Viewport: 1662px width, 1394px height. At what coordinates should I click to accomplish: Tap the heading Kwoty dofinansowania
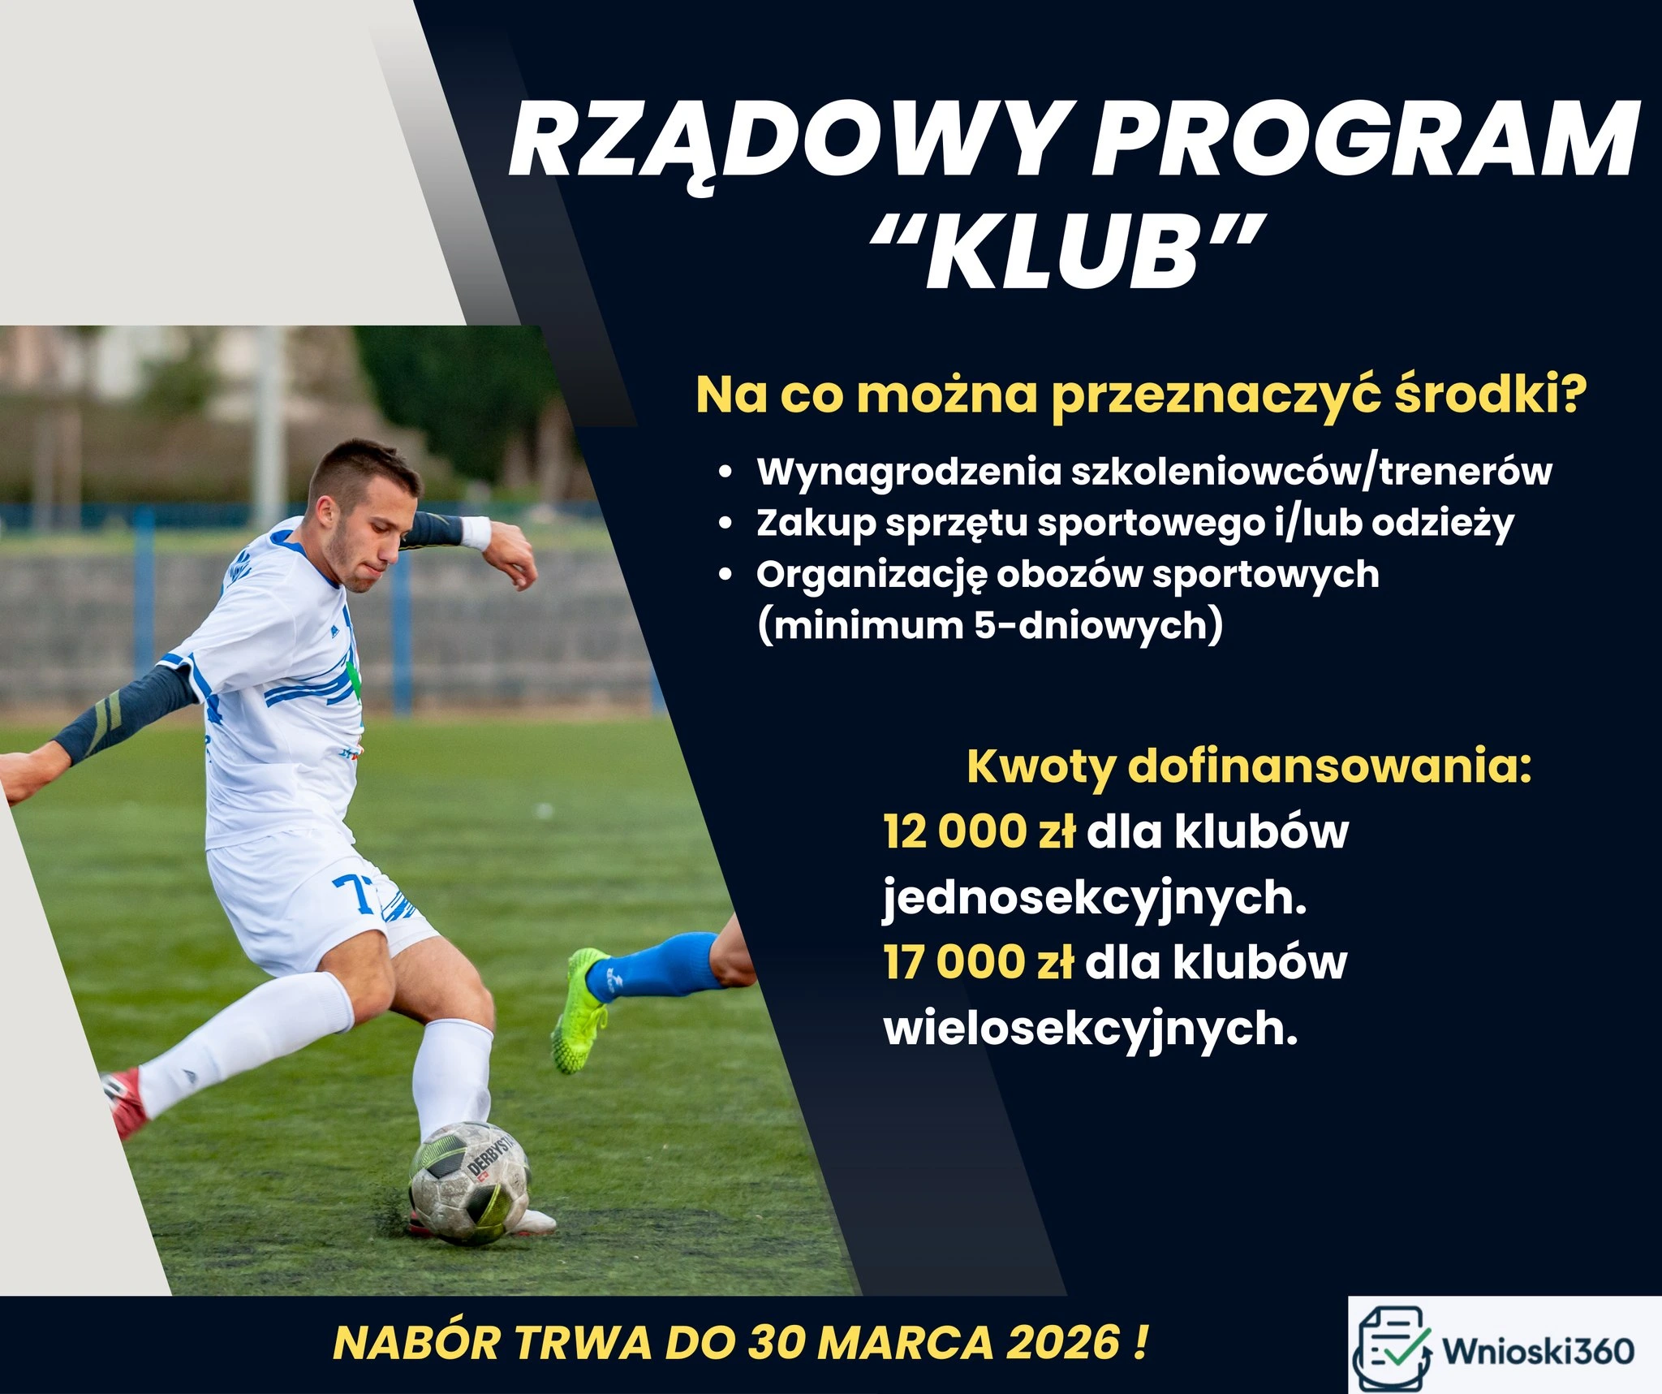(1249, 767)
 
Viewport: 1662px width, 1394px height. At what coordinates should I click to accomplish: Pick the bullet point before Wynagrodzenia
(726, 473)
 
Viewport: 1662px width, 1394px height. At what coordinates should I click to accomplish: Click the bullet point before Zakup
(726, 524)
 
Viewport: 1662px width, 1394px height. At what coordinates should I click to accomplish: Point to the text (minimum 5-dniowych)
(990, 626)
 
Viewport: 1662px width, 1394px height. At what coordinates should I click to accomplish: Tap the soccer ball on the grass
(469, 1181)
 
